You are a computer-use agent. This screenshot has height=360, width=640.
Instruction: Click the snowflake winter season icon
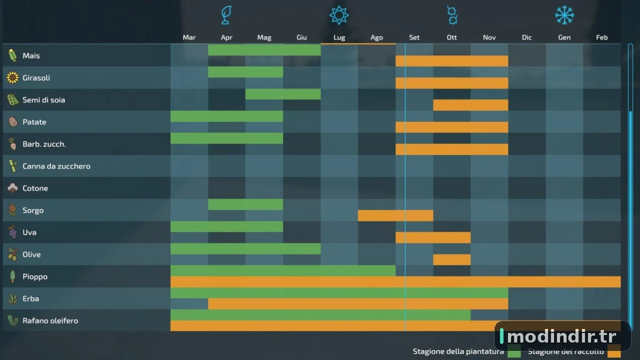pos(564,15)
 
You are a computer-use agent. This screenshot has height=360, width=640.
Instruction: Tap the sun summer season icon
pos(339,15)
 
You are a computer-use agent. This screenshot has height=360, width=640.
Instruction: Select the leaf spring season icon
pos(226,15)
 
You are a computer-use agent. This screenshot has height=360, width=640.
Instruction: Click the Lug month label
pos(339,37)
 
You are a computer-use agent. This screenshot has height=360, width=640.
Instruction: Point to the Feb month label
pos(601,37)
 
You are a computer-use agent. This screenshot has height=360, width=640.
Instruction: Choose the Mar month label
pos(189,37)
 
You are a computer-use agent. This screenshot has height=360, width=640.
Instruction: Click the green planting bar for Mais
pos(264,50)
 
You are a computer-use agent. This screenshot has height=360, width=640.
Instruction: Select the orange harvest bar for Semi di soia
pos(470,105)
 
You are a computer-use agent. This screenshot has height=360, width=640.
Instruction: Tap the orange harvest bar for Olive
pos(451,259)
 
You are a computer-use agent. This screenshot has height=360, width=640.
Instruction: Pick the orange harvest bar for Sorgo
pos(395,215)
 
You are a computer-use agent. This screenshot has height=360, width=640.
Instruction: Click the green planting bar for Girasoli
pos(245,72)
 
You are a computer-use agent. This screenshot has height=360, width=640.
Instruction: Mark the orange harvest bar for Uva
pos(433,237)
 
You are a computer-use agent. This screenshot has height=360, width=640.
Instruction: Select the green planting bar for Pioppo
pos(283,271)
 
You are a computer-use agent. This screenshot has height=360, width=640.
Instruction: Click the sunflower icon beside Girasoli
pos(12,77)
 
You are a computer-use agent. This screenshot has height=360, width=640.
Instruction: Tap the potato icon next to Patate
pos(13,121)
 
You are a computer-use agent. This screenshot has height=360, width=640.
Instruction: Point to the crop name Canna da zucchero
pos(56,166)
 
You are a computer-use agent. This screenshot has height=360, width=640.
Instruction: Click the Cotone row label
pos(35,188)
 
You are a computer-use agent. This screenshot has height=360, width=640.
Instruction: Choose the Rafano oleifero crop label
pos(50,321)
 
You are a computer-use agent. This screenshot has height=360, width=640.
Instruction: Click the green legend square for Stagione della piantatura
pos(514,351)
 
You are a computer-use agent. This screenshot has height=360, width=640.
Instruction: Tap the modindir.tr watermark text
pos(561,336)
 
